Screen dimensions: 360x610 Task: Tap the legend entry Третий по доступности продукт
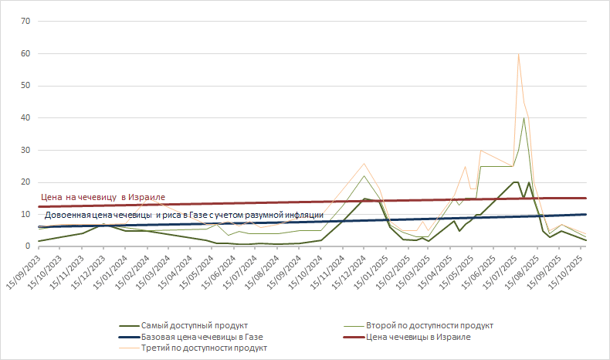pyautogui.click(x=205, y=348)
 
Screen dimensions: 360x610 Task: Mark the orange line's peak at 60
pyautogui.click(x=518, y=54)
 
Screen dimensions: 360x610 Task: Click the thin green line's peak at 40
pyautogui.click(x=524, y=117)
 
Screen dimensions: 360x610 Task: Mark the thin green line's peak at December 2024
pyautogui.click(x=364, y=175)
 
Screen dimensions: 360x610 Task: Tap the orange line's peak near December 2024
pyautogui.click(x=364, y=163)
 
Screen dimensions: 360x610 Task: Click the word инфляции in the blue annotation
pyautogui.click(x=302, y=214)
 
